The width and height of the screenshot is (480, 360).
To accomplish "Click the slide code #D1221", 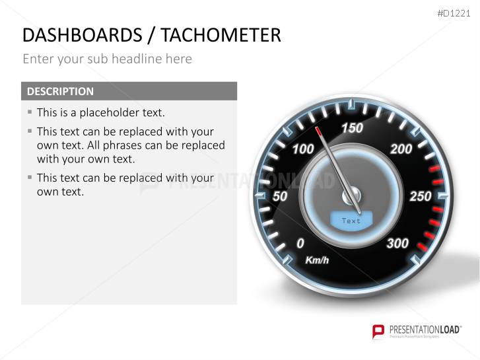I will [x=456, y=13].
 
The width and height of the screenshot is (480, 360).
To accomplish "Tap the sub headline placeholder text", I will [x=107, y=59].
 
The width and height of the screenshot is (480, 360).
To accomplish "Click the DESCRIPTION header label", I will [x=60, y=91].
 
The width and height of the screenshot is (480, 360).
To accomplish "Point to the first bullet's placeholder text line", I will [x=100, y=112].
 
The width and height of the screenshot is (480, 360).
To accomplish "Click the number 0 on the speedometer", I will [x=300, y=243].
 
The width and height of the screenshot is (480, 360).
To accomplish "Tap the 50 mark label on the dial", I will [x=280, y=196].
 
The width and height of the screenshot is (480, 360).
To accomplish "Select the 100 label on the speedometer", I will [x=303, y=149].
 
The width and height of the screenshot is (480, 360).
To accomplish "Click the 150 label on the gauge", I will [x=352, y=127].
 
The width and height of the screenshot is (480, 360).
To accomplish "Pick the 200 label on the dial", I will [x=401, y=149].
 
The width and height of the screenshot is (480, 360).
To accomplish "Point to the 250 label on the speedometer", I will [x=421, y=196].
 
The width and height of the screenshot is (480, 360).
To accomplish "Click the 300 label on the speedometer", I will [x=397, y=243].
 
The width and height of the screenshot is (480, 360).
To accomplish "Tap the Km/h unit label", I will [x=317, y=260].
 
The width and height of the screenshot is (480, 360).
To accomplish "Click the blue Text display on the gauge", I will [x=351, y=221].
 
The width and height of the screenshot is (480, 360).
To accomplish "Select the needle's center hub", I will [x=351, y=196].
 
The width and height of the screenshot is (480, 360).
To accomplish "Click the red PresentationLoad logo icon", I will [x=378, y=331].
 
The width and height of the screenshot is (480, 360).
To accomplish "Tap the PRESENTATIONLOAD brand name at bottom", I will [x=423, y=329].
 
